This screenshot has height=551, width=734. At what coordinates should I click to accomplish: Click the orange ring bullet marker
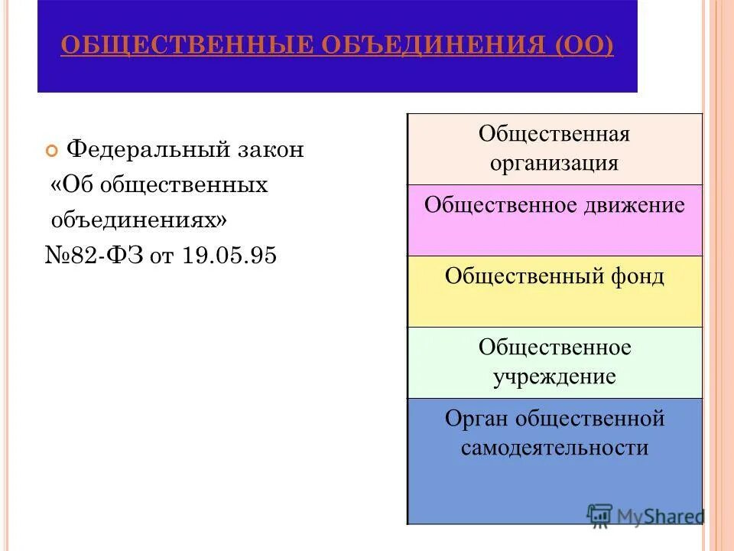pos(52,151)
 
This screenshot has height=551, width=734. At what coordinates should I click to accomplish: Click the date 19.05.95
pos(229,256)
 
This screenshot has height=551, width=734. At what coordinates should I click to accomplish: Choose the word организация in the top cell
pos(554,164)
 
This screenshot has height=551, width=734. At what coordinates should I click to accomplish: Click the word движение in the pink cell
pos(633,205)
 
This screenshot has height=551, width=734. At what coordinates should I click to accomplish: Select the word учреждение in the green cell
pos(554,377)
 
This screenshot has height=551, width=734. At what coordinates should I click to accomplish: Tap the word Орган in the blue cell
pos(476,419)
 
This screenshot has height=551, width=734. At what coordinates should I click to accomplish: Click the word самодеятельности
pos(554,448)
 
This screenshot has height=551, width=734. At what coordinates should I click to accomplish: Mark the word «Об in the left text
pos(73,185)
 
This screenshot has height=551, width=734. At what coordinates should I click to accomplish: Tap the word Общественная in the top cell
pos(554,135)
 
